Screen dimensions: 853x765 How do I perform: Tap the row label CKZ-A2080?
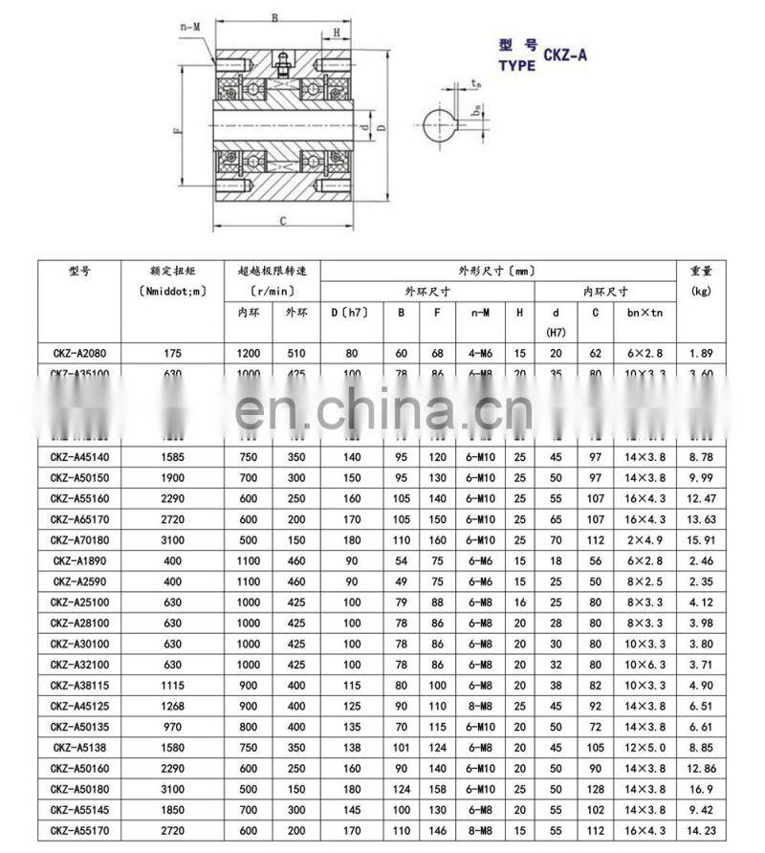click(x=78, y=354)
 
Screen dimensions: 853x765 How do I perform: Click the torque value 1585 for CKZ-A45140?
click(x=173, y=457)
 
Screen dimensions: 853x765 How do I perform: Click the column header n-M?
click(x=480, y=313)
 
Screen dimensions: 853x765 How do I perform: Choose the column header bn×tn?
click(x=645, y=313)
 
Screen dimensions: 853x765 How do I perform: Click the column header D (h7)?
click(x=351, y=313)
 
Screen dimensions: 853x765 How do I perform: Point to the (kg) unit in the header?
click(x=700, y=290)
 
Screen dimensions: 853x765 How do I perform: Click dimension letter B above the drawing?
click(x=275, y=17)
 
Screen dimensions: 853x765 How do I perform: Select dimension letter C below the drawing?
click(x=284, y=221)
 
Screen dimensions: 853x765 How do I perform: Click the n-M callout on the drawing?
click(x=190, y=28)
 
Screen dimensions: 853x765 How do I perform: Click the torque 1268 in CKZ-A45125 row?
click(x=173, y=705)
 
